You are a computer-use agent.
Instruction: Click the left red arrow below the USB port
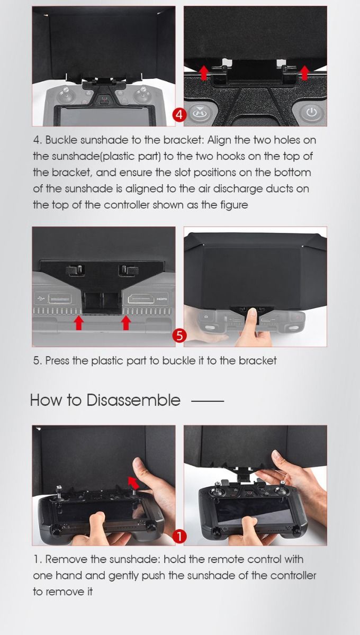point(78,323)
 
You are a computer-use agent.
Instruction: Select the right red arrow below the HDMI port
point(125,323)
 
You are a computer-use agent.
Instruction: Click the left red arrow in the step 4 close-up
point(203,72)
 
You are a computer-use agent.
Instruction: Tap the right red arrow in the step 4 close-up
point(304,72)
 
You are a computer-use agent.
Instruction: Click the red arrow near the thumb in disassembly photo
point(133,483)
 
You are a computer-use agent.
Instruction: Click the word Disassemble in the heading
point(133,400)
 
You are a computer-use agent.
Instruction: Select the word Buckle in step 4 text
point(61,140)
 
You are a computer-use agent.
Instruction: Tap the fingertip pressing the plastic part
point(252,313)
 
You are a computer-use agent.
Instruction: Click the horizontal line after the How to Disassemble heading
point(208,401)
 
